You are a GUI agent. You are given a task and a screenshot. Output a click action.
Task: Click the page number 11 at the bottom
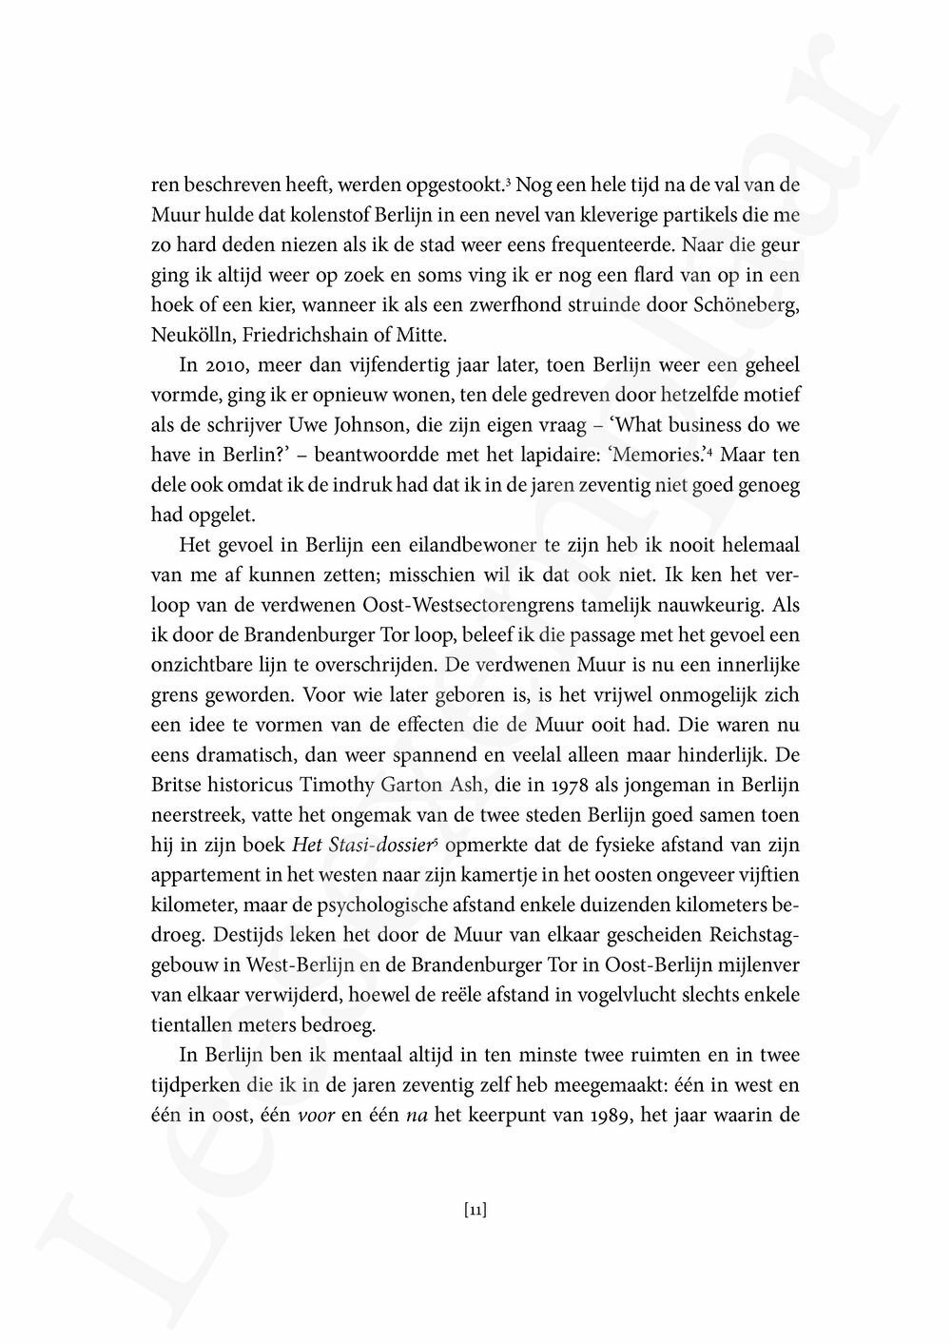(475, 1211)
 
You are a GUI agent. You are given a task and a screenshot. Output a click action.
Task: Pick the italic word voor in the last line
(316, 1113)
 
